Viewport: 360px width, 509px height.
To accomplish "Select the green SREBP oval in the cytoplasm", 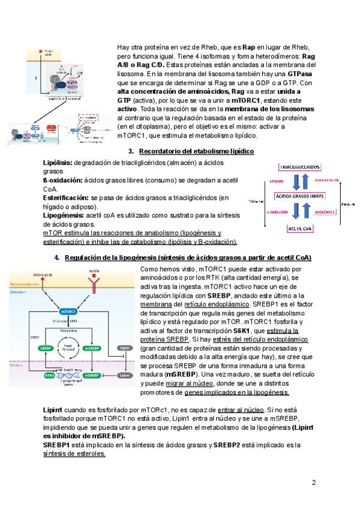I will click(x=43, y=348).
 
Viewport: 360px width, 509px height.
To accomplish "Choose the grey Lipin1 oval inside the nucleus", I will click(x=125, y=375).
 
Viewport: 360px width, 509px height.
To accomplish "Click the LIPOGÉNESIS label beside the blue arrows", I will click(x=324, y=212).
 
